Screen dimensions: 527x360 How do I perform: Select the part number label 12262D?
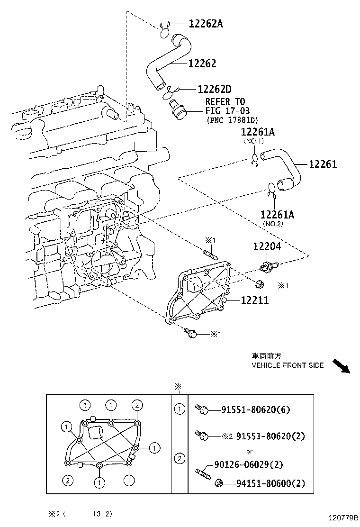tap(214, 89)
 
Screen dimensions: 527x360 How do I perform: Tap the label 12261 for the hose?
tap(323, 164)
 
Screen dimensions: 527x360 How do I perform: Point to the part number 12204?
tap(266, 246)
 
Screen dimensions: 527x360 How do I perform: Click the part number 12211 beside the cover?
tap(254, 300)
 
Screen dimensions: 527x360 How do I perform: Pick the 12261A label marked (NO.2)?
tap(277, 215)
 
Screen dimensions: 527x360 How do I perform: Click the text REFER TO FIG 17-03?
tap(225, 107)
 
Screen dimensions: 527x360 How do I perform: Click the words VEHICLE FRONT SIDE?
tap(288, 365)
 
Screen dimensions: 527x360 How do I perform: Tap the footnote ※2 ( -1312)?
tap(81, 513)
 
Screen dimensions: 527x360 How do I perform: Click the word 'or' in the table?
tap(249, 451)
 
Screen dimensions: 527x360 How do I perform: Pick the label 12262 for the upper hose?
tap(202, 64)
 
